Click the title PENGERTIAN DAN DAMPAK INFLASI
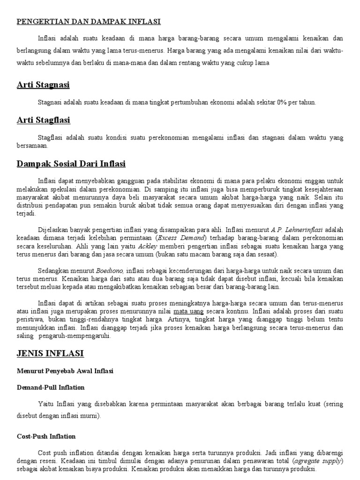[89, 22]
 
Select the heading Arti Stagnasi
[43, 85]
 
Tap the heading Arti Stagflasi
[43, 120]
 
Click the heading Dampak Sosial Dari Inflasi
[71, 164]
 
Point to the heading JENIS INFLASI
[50, 353]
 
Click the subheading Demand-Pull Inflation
[51, 388]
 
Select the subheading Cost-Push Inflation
[46, 436]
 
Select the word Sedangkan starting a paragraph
[54, 270]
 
